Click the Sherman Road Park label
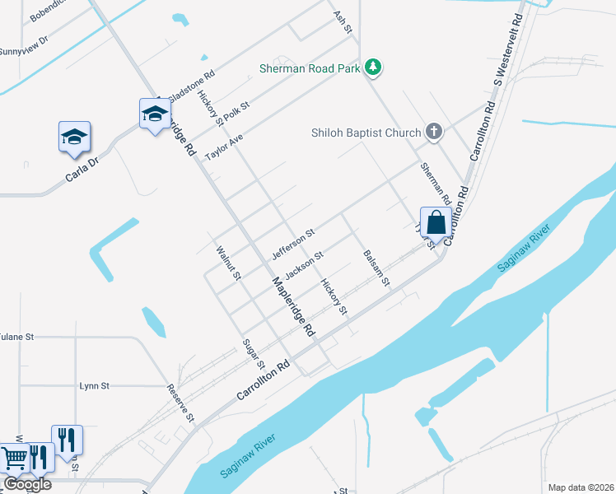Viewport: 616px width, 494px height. pos(309,68)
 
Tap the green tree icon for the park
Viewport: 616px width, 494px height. pos(374,68)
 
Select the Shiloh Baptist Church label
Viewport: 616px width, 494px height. pos(366,132)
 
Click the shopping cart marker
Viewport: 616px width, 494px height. pos(13,459)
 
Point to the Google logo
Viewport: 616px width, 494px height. pos(27,484)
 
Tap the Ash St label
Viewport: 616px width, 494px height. pos(343,22)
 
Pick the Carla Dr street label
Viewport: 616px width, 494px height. pos(82,170)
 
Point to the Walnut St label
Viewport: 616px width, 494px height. pos(227,263)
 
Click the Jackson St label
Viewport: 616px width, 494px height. pos(302,264)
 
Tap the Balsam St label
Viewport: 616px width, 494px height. pos(376,268)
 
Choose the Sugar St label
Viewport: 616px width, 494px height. pos(254,353)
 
